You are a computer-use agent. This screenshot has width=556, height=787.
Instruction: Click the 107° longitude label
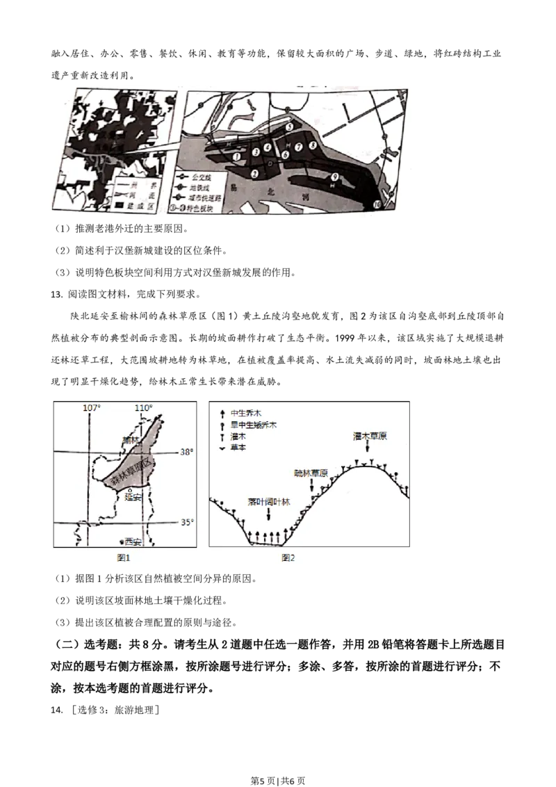(92, 407)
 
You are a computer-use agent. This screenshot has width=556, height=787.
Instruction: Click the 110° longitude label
(143, 407)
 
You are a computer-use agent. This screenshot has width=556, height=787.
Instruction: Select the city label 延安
(133, 497)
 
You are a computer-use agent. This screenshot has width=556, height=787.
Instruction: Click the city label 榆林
(131, 440)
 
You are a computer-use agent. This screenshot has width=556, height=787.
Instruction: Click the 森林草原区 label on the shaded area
(132, 473)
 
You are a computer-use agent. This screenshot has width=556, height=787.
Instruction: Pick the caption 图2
(288, 557)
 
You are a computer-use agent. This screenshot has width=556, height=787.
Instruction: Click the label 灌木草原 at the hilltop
(370, 436)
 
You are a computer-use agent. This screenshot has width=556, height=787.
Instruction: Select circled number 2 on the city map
(255, 173)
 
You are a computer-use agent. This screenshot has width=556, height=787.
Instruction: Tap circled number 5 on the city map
(289, 128)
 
